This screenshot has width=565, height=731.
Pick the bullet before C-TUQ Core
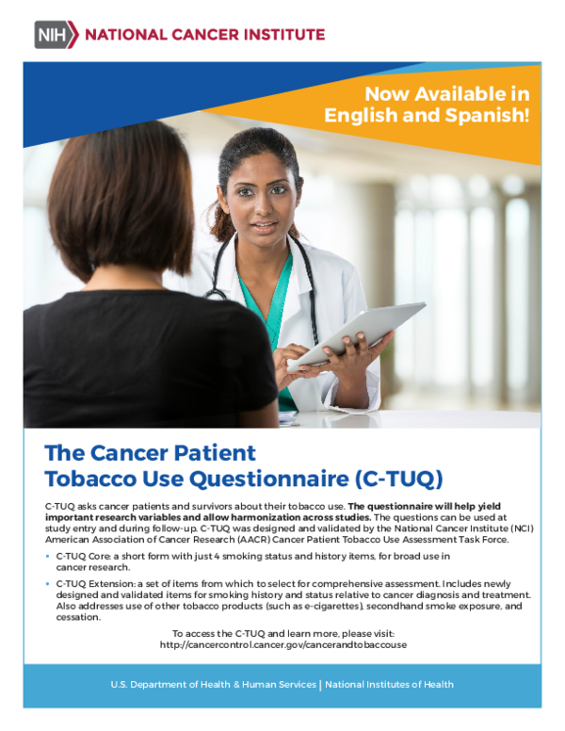coord(48,558)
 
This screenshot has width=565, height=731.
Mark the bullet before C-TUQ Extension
coord(48,585)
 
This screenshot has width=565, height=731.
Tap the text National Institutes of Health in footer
coord(389,685)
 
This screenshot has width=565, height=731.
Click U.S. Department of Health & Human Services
coord(213,685)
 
